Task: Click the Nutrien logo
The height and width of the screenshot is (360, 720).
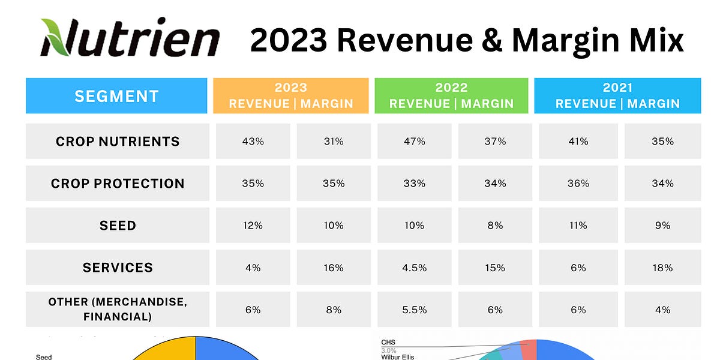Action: click(x=129, y=37)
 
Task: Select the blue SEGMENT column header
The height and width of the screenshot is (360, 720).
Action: click(x=116, y=96)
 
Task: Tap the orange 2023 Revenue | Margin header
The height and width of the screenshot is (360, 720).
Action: click(x=291, y=96)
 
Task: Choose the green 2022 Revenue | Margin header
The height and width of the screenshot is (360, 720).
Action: click(x=451, y=96)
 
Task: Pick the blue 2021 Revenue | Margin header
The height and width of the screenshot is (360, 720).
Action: click(x=617, y=96)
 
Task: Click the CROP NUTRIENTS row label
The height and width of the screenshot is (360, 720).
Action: click(x=118, y=142)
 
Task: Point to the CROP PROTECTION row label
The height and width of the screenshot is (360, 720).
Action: click(x=118, y=184)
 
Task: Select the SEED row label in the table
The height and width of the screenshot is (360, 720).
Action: click(x=118, y=226)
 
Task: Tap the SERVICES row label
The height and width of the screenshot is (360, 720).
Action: click(x=118, y=268)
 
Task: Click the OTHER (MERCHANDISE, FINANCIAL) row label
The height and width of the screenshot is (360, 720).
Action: click(x=118, y=310)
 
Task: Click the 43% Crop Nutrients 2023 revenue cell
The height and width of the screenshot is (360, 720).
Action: click(x=253, y=142)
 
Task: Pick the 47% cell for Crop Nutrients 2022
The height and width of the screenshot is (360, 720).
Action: click(x=414, y=142)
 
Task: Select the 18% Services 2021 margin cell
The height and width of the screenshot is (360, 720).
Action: click(x=662, y=268)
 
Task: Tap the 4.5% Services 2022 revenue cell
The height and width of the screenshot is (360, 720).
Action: click(x=414, y=268)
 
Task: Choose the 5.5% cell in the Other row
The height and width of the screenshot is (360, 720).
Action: click(x=414, y=310)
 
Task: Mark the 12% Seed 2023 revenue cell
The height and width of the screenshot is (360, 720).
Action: click(x=253, y=226)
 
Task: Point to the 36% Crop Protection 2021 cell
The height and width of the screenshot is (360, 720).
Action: click(x=578, y=184)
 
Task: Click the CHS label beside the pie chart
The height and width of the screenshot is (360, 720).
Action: click(x=388, y=343)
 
